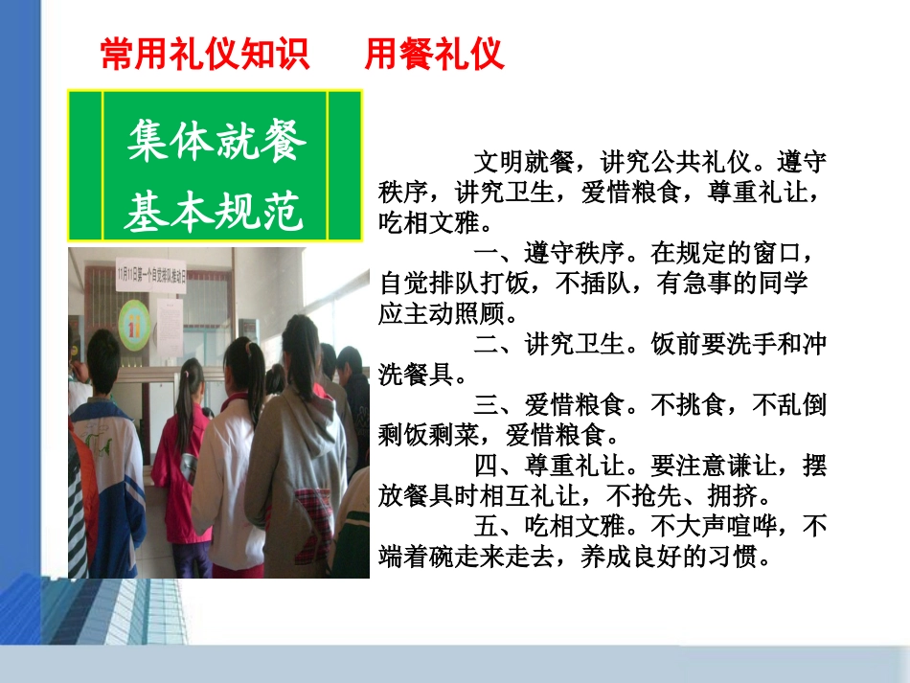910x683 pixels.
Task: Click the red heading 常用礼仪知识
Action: coord(205,55)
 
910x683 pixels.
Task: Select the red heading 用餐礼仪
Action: coord(434,55)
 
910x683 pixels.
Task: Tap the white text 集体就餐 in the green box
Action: coord(216,140)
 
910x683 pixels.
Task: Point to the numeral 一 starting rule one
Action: coord(485,255)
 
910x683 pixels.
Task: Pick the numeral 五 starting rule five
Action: coord(485,527)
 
